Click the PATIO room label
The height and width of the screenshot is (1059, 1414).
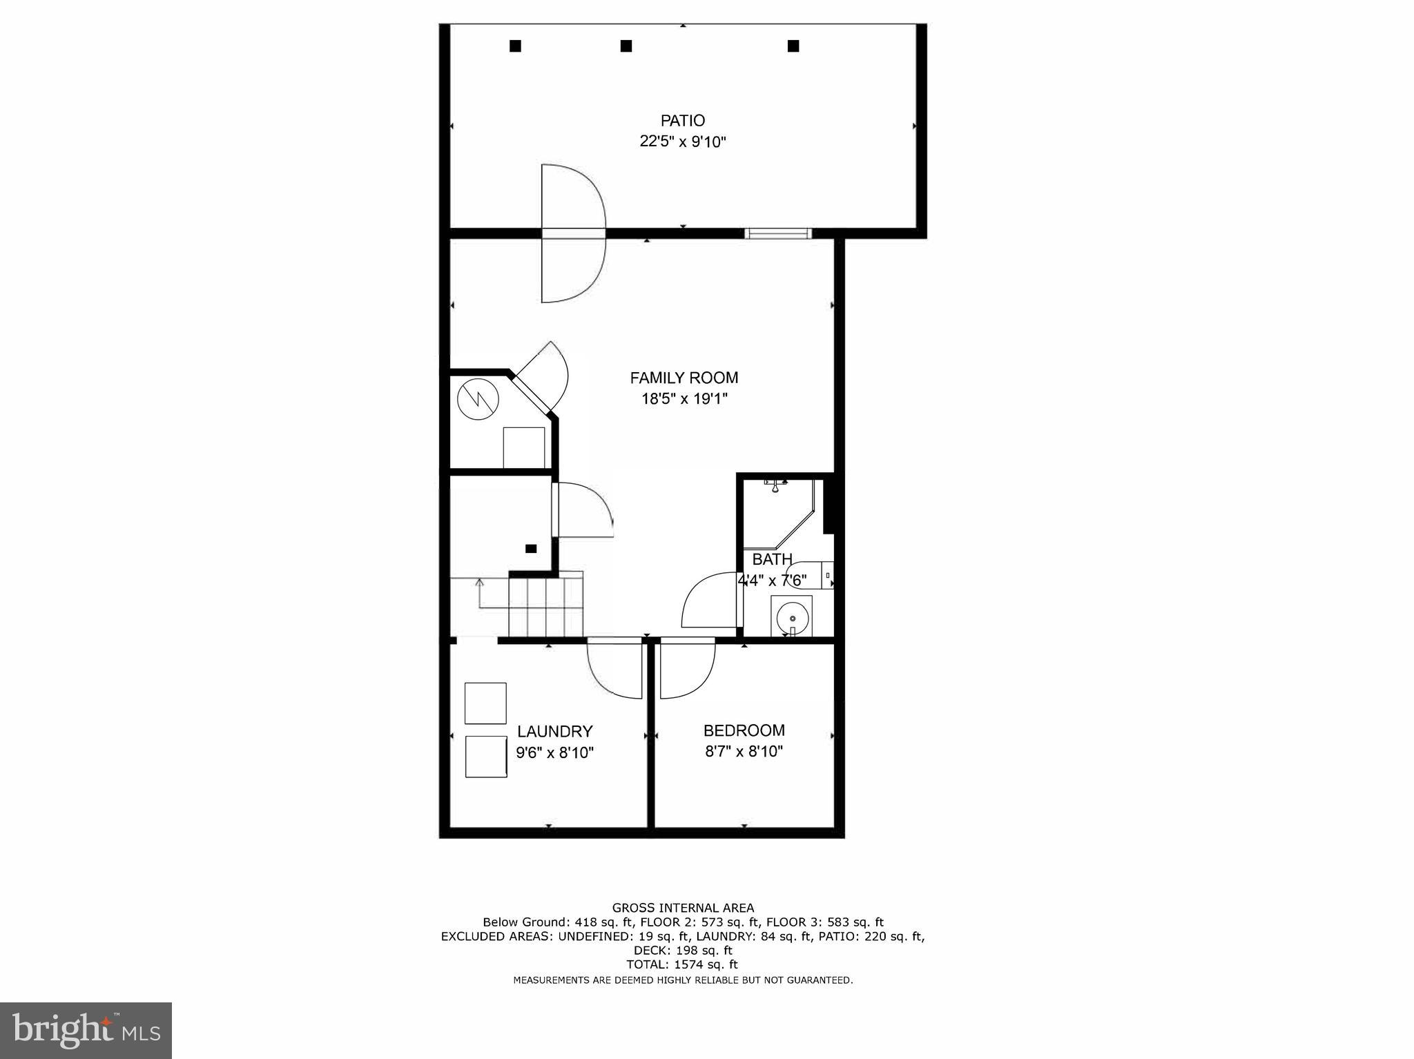click(x=683, y=121)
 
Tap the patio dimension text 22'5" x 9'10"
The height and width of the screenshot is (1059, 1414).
click(x=683, y=142)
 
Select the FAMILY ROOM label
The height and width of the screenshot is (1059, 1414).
click(x=684, y=378)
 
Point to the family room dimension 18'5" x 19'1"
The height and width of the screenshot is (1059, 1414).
click(x=684, y=399)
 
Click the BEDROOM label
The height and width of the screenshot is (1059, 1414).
click(x=744, y=730)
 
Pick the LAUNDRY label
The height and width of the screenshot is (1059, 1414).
click(x=554, y=731)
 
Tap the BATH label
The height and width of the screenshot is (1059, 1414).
click(x=772, y=559)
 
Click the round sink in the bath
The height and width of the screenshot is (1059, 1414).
click(x=791, y=616)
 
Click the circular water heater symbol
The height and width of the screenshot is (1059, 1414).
click(x=478, y=400)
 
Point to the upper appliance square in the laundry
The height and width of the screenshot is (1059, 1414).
click(x=485, y=703)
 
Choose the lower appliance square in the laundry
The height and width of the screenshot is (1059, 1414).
click(x=486, y=757)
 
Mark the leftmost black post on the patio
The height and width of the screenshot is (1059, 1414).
click(x=515, y=46)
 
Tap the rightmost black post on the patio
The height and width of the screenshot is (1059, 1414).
click(x=793, y=46)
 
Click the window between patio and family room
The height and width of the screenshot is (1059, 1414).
click(x=778, y=233)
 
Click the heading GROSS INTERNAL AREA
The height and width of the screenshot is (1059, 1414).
click(x=683, y=908)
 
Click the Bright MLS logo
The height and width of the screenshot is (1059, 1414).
click(x=86, y=1030)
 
